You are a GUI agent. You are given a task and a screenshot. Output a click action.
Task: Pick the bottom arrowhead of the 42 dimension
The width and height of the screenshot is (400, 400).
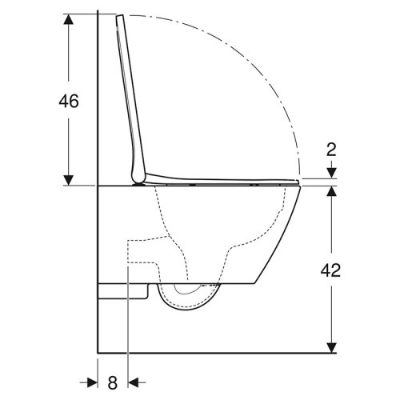point(330,347)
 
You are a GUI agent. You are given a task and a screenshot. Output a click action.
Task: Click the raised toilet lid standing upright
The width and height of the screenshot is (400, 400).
point(131,96)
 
